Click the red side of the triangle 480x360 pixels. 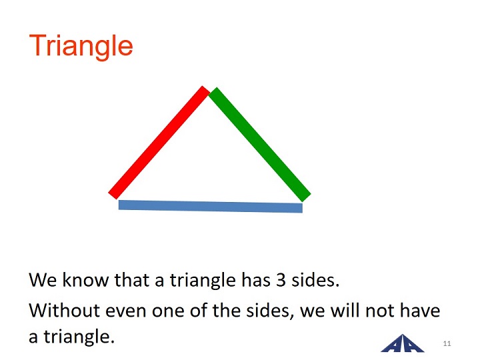tap(159, 143)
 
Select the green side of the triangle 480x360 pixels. tap(259, 145)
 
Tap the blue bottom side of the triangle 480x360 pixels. tap(211, 206)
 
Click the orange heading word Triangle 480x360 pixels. tap(81, 46)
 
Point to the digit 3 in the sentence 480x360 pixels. tap(281, 280)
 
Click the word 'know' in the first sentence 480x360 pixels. tap(85, 279)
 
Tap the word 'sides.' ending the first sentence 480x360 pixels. tap(315, 279)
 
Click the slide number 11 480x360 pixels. tap(447, 343)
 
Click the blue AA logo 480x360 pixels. tap(403, 343)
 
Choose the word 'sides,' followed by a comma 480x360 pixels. tap(270, 311)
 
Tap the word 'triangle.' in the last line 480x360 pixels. tap(79, 337)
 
